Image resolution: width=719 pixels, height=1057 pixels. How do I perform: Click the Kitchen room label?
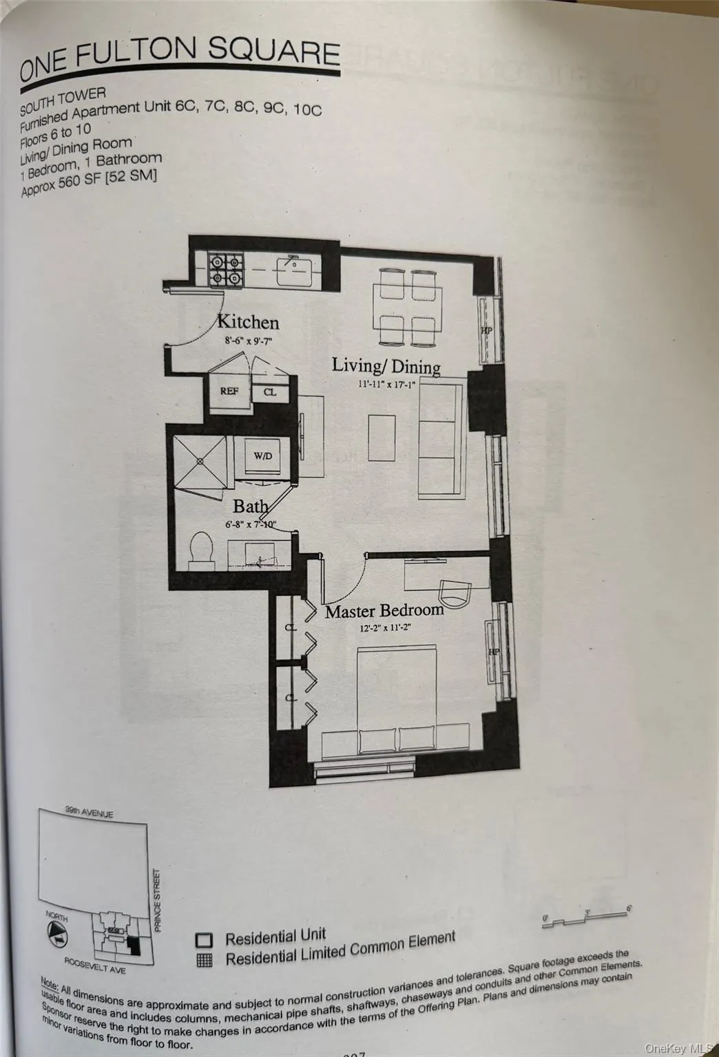pos(248,322)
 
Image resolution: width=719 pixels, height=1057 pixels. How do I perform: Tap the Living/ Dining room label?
pos(386,365)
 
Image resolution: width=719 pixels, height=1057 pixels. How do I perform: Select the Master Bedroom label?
pos(384,610)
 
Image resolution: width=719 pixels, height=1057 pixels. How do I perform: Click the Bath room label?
pos(250,506)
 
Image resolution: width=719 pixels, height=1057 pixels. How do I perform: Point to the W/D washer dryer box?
pos(262,456)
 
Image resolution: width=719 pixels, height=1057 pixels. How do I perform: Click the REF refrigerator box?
pos(229,391)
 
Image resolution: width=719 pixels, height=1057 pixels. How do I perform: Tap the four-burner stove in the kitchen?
pos(226,269)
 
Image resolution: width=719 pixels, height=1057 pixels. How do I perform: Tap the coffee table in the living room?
pos(382,438)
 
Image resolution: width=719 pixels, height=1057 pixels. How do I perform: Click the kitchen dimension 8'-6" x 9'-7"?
pos(249,341)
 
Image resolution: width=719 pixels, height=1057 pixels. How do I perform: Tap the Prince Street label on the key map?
pos(158,899)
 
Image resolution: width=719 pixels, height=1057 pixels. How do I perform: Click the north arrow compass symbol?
pos(58,933)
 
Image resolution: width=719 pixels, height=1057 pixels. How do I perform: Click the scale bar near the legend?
pos(585,919)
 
